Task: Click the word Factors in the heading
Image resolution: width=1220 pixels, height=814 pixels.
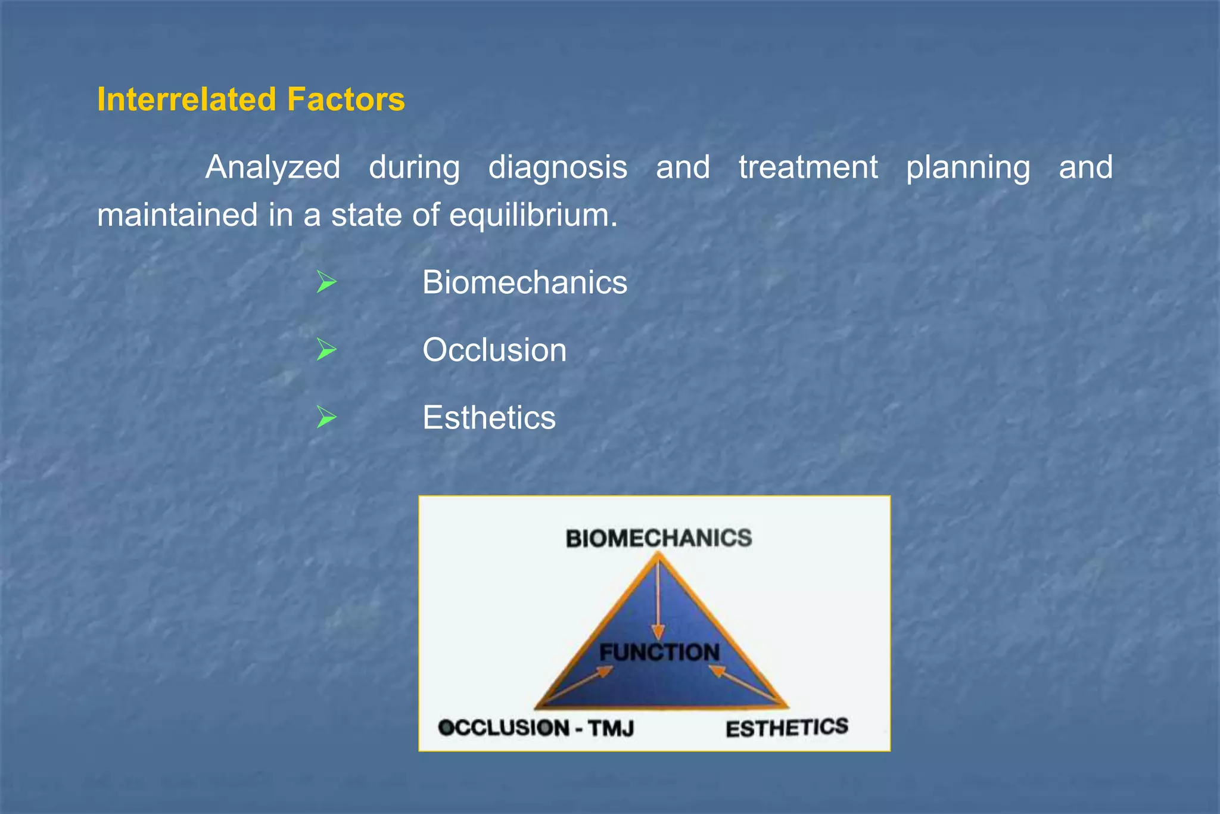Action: (346, 100)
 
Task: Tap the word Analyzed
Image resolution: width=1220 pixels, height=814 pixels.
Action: (273, 167)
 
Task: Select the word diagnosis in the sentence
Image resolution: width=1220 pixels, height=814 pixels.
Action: (558, 167)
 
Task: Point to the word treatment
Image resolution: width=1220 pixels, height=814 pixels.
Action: (808, 167)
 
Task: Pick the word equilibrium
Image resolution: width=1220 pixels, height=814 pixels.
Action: (533, 215)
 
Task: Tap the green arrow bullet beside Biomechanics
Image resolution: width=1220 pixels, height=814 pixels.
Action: (326, 282)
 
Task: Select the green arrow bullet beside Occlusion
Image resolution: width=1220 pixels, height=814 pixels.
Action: (326, 350)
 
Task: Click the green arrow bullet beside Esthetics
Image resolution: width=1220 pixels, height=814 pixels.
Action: (326, 417)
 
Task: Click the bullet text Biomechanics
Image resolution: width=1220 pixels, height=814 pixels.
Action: (524, 282)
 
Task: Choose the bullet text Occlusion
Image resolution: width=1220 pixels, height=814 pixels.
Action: (494, 350)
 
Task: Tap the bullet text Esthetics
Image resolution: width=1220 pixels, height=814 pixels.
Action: (488, 418)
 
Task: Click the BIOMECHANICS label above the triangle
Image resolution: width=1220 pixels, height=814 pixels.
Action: (658, 539)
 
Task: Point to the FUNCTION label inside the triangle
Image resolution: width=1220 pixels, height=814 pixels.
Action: (659, 652)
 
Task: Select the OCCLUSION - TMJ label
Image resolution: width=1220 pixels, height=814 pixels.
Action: (536, 728)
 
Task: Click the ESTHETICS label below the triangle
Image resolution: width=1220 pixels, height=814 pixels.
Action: (786, 728)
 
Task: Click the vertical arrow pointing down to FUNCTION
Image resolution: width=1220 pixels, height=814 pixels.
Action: (658, 602)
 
